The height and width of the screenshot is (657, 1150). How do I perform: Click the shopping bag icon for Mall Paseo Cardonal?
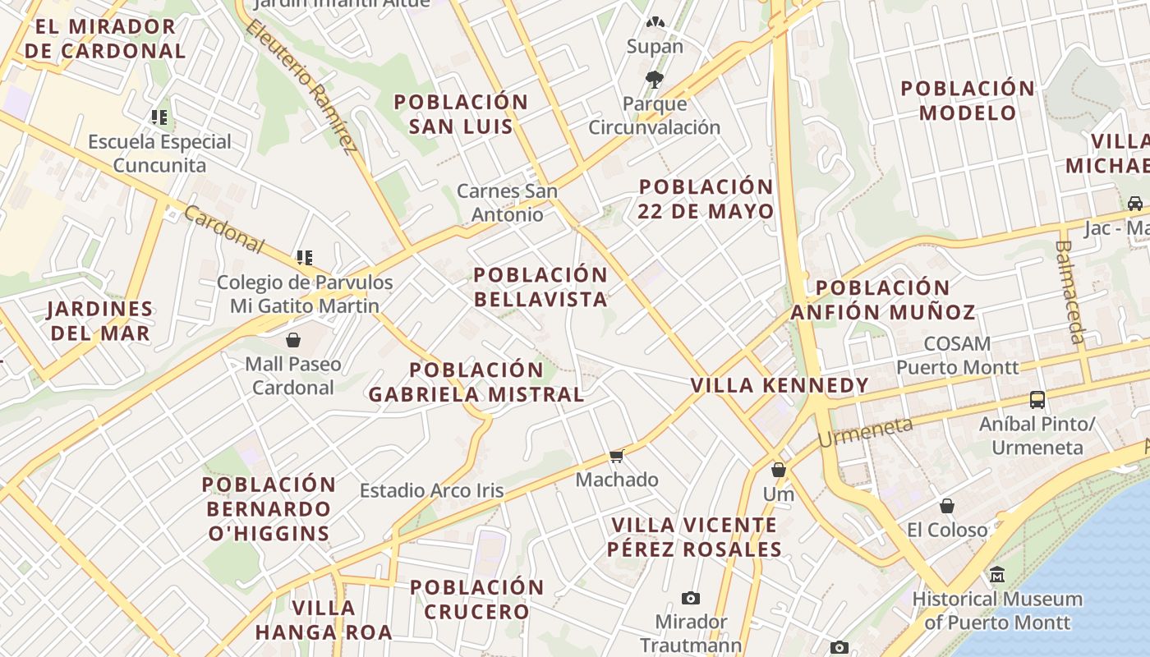(x=293, y=339)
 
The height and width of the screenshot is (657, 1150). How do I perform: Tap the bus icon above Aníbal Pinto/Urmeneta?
(x=1037, y=400)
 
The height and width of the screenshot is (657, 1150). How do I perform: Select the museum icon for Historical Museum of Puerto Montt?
(x=997, y=574)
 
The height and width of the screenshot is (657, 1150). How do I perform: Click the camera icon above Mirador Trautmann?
(x=691, y=598)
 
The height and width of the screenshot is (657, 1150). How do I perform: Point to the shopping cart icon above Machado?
(x=617, y=456)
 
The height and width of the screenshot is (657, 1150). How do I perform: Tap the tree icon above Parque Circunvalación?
(x=655, y=80)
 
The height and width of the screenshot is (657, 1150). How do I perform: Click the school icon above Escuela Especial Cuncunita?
(x=159, y=117)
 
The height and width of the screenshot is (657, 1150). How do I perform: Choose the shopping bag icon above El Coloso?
(x=947, y=506)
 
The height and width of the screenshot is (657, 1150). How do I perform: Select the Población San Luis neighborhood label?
(x=461, y=114)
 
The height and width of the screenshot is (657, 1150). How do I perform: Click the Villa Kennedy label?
(x=780, y=385)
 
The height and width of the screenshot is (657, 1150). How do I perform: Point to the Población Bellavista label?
(x=540, y=287)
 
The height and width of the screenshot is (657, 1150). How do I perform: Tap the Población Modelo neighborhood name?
(x=968, y=100)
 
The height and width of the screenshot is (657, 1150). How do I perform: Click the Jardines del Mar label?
(x=100, y=321)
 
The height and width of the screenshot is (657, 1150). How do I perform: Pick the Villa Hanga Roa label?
(x=323, y=620)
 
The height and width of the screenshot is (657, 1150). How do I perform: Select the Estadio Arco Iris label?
(x=431, y=491)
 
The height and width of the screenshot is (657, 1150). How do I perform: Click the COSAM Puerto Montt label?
(x=957, y=356)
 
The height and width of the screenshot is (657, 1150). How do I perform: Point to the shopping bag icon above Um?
(x=778, y=470)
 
